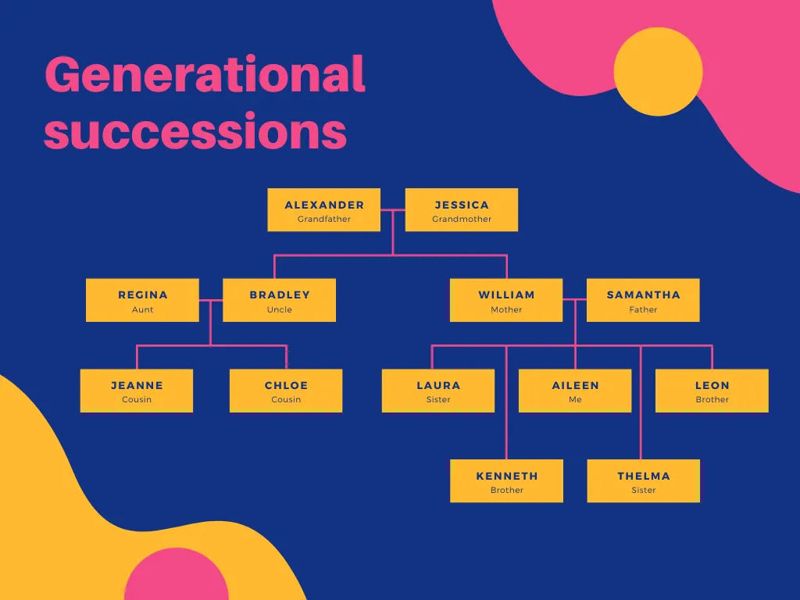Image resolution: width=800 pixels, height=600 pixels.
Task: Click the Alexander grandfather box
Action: (x=324, y=209)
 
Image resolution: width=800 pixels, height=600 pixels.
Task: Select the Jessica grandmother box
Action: (x=461, y=209)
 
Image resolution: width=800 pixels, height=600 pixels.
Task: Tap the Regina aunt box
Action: (x=142, y=300)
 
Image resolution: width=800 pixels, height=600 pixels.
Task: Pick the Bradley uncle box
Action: (x=279, y=300)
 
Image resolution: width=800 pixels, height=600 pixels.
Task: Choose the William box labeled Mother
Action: (x=506, y=300)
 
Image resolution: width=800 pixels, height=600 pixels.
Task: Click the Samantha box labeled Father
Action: (x=643, y=300)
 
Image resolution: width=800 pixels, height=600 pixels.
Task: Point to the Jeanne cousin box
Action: (x=137, y=391)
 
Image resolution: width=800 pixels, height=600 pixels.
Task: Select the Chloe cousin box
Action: (x=286, y=391)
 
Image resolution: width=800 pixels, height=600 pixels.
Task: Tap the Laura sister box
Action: (x=438, y=391)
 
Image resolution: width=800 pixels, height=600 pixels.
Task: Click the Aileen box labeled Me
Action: (x=575, y=391)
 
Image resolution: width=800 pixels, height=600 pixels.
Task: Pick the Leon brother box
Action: (x=712, y=391)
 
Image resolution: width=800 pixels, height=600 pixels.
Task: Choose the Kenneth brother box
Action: (x=506, y=480)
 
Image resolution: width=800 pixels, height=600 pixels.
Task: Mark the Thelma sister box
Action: (x=644, y=480)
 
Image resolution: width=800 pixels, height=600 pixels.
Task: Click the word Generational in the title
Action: (x=205, y=74)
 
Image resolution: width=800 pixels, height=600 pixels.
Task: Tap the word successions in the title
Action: (x=195, y=131)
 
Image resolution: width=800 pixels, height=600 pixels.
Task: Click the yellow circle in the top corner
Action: (x=658, y=71)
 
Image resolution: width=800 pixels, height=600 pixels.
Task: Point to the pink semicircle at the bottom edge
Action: (x=177, y=574)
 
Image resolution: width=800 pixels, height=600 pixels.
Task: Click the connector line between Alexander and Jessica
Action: (x=393, y=209)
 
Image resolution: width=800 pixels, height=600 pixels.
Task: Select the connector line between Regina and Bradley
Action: (x=211, y=300)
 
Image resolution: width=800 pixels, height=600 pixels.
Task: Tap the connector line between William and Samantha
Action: (x=575, y=299)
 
